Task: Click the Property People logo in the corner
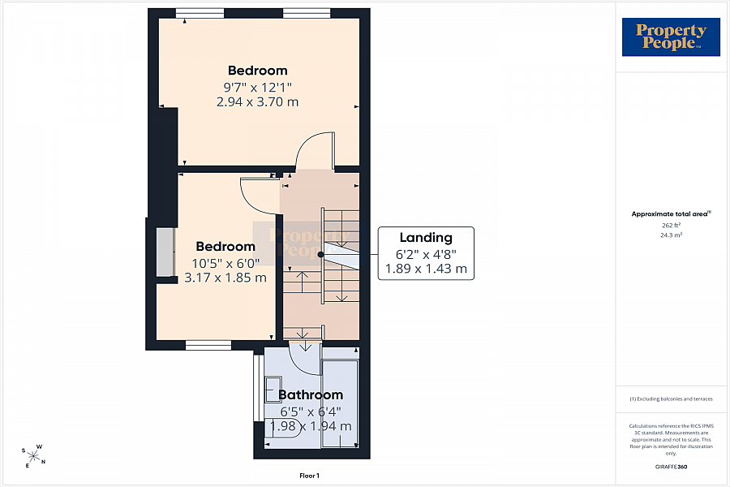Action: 671,37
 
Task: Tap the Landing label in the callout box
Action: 426,238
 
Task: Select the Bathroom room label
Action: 311,394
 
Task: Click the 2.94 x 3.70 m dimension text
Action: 257,101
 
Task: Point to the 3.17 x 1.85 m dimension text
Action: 225,278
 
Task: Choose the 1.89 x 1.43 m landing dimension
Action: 426,269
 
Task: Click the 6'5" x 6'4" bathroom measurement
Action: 311,412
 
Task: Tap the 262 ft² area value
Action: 671,225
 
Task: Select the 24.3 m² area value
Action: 671,235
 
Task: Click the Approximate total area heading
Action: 671,214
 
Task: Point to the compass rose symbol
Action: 33,455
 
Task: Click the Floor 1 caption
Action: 309,476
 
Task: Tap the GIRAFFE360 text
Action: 671,467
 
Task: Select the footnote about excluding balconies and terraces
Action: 671,399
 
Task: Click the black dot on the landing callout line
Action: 320,254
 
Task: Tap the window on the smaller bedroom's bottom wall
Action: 208,345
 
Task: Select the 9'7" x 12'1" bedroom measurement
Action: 257,87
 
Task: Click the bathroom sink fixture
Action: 273,389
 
